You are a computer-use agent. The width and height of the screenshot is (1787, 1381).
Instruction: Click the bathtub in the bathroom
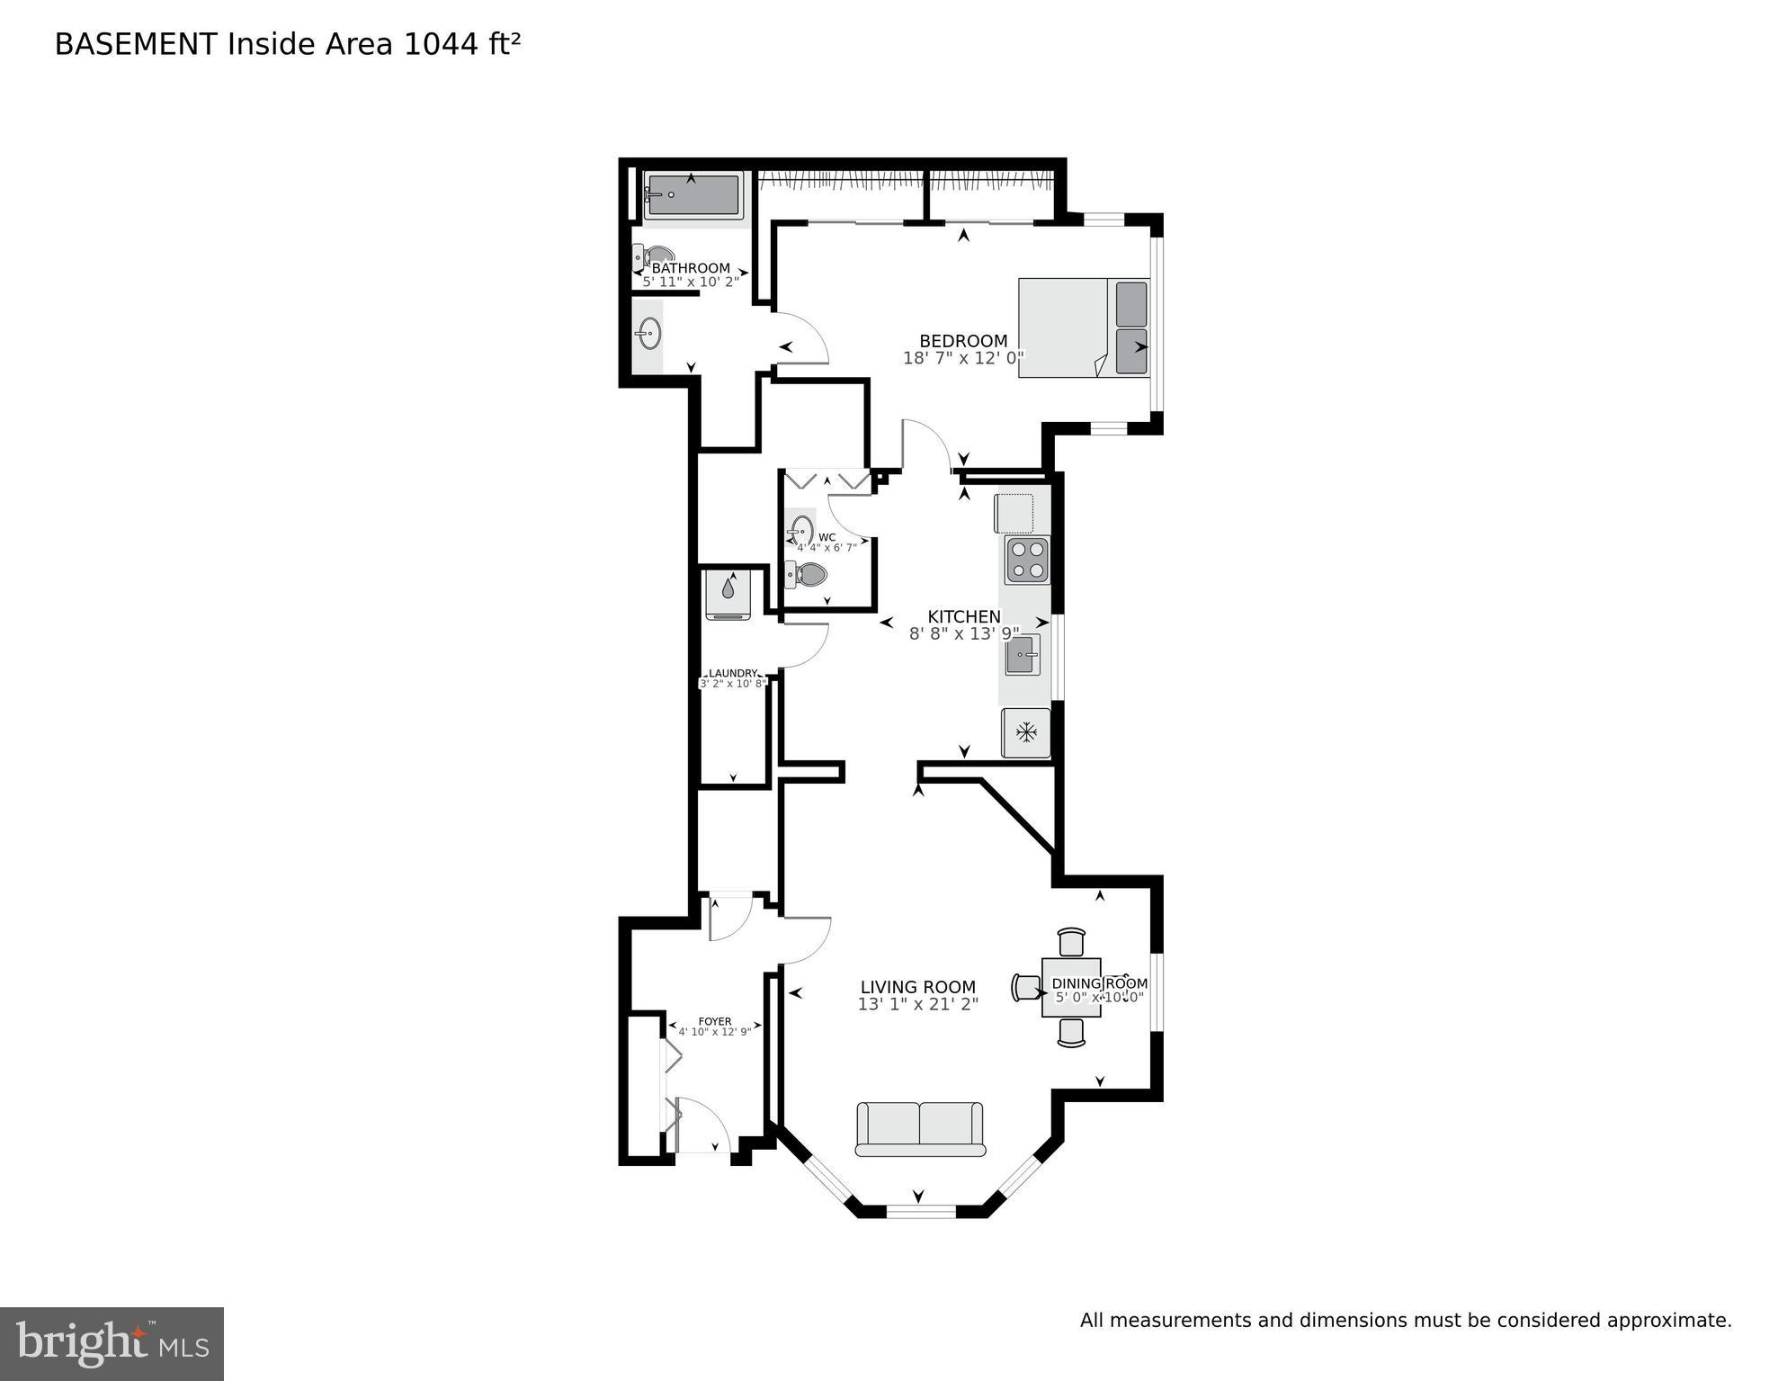[692, 195]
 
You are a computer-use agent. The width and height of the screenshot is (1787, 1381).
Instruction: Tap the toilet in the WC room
[807, 573]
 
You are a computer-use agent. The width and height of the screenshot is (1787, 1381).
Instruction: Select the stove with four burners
[1027, 560]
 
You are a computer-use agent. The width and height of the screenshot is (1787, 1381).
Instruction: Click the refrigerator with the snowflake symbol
[1026, 732]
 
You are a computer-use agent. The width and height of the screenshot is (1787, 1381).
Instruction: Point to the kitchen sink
[1023, 654]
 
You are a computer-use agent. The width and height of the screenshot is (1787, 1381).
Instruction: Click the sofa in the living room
[920, 1128]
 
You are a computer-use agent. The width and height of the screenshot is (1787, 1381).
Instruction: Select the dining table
[1070, 987]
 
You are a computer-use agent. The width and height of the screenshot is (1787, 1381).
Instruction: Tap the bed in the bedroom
[1084, 327]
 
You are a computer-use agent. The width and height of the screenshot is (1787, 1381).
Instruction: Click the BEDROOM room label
[963, 341]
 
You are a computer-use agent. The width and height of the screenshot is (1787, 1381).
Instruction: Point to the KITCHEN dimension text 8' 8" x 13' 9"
[963, 633]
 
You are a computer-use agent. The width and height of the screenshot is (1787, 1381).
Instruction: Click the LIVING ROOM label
[917, 987]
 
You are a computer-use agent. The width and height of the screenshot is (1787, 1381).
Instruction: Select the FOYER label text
[715, 1021]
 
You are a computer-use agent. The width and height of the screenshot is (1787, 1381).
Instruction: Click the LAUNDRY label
[733, 673]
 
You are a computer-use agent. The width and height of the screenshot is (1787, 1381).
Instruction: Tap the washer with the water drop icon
[728, 594]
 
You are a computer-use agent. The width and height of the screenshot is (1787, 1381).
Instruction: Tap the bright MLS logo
[112, 1343]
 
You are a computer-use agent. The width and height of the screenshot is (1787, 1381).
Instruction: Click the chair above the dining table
[1071, 942]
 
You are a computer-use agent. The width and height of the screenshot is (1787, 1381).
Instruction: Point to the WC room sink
[802, 531]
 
